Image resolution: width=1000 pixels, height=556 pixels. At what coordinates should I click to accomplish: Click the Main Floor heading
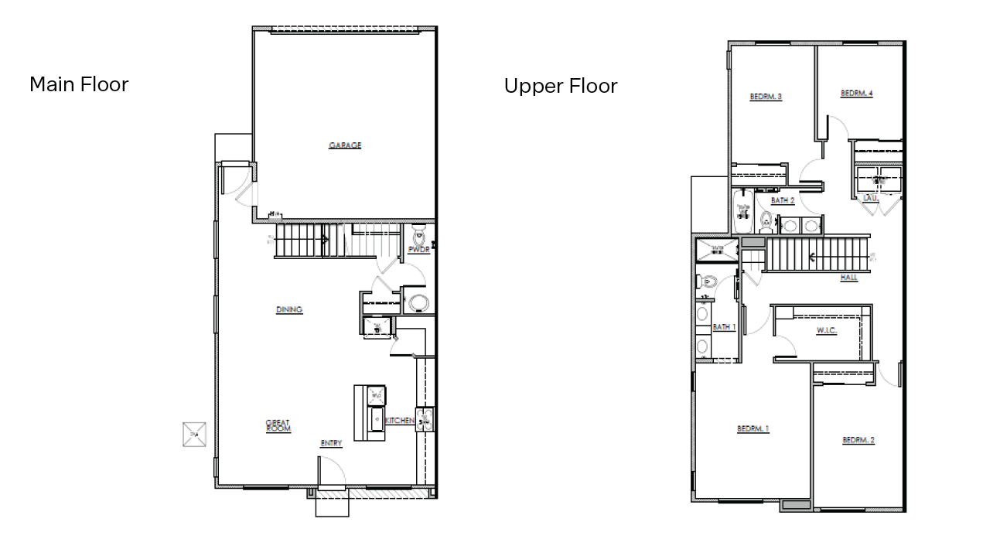79,84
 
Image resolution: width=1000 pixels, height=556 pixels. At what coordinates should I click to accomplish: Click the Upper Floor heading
561,86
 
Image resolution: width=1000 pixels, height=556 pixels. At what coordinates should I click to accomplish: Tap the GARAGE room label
345,145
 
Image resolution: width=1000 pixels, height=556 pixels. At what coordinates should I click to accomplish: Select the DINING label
289,310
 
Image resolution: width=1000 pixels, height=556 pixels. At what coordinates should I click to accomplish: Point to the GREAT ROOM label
278,426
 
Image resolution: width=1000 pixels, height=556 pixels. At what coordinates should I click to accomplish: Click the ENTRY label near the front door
331,444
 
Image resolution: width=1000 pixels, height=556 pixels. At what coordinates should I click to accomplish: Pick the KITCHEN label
400,421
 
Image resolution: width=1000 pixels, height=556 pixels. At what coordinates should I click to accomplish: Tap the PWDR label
418,250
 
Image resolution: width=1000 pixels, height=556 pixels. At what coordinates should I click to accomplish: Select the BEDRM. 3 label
766,97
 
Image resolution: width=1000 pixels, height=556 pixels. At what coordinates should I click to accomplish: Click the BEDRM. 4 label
857,94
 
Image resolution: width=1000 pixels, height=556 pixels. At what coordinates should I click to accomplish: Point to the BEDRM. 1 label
753,428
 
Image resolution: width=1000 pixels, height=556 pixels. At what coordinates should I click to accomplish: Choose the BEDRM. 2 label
858,440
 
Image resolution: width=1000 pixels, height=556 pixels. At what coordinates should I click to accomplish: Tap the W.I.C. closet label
827,331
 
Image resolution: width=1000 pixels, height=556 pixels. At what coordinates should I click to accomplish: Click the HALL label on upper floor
849,278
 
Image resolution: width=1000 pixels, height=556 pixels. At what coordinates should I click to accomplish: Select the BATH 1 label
724,327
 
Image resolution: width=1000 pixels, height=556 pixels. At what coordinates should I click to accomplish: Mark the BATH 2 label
783,200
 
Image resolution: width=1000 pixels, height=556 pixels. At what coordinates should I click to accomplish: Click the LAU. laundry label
870,199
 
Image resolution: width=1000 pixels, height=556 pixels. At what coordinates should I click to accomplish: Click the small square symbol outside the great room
194,435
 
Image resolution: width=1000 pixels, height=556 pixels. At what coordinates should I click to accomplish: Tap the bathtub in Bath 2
743,212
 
